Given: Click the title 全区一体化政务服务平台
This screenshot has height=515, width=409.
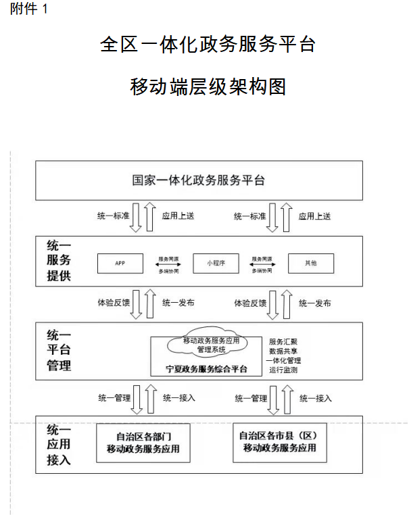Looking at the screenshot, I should [208, 45].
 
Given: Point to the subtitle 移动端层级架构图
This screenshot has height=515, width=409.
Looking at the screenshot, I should [208, 87].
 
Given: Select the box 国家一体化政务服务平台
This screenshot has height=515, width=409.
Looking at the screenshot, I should [199, 180].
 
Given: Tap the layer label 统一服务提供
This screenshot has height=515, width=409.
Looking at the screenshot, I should [59, 260].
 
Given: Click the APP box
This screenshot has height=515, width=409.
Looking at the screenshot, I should [120, 263].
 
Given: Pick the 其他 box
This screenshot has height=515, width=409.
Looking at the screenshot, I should [311, 263].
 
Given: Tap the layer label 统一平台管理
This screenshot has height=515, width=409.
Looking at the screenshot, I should [59, 350].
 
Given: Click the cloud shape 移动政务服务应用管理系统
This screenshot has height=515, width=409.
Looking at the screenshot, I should [212, 345].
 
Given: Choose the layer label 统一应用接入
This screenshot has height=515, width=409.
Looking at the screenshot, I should [59, 444].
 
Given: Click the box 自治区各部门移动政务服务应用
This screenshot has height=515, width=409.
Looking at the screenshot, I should [143, 443].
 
